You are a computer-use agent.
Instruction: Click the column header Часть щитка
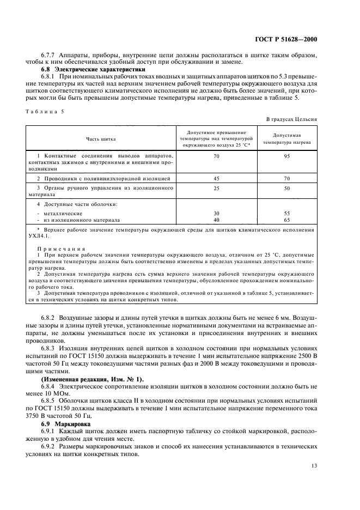pyautogui.click(x=101, y=139)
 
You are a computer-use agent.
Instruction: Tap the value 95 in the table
pyautogui.click(x=287, y=156)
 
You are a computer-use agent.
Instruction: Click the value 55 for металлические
pyautogui.click(x=287, y=213)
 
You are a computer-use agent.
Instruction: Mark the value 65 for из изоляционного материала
pyautogui.click(x=287, y=220)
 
